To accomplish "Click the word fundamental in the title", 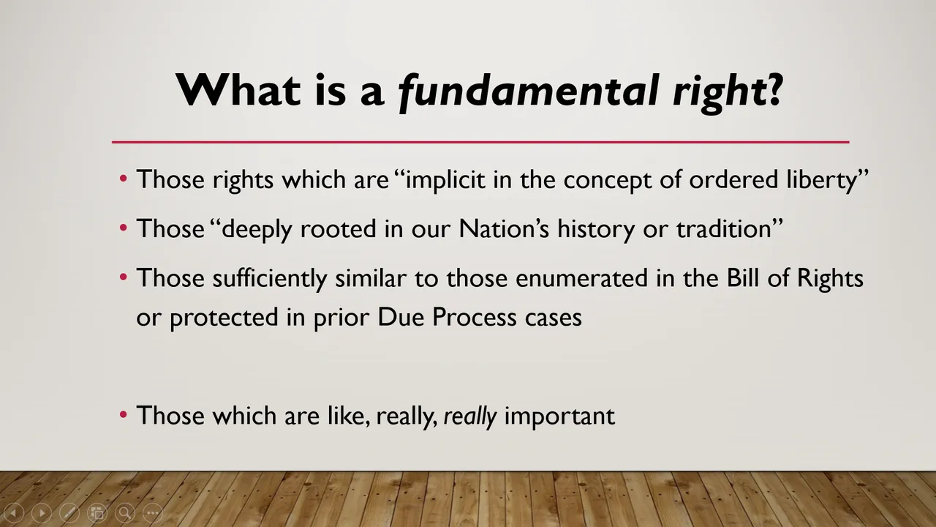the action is point(528,91).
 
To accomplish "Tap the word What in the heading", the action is point(238,89).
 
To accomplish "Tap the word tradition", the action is point(724,229).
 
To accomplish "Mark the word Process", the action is point(475,318).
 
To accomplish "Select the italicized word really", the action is point(470,416).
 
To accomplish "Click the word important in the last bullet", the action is point(559,416).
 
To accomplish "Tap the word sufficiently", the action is point(270,279).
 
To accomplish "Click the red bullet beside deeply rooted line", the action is point(124,228).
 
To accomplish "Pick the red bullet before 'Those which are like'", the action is point(124,415).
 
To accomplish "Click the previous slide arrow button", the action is point(14,513).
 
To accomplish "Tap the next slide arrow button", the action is point(42,513).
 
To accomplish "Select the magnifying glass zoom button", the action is point(125,513).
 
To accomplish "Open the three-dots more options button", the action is point(153,513).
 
